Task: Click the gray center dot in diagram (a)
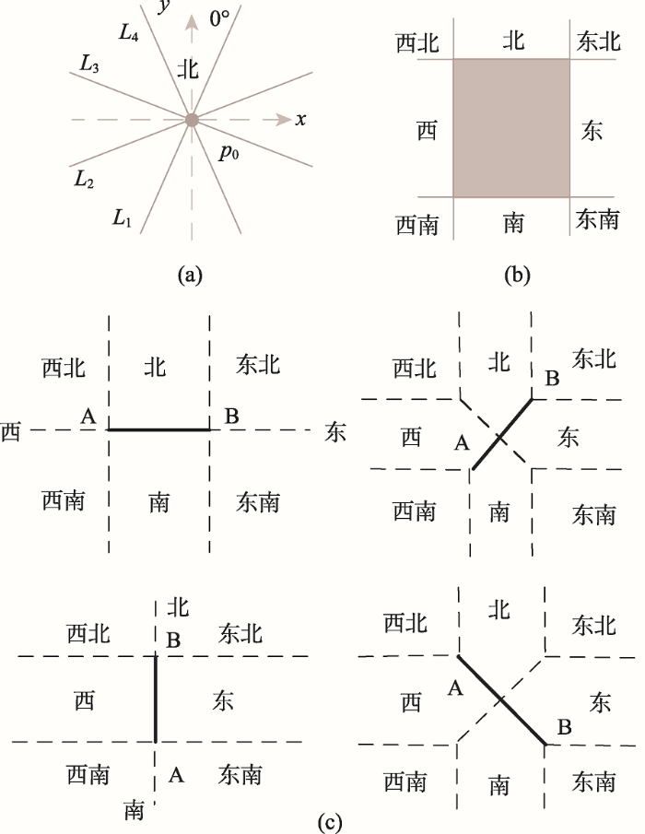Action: (x=192, y=120)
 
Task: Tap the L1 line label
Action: (x=123, y=217)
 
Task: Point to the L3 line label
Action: (x=89, y=64)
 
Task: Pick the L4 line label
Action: (x=129, y=32)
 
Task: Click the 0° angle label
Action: (x=219, y=19)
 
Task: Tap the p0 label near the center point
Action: (x=229, y=153)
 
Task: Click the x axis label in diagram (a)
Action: (x=301, y=119)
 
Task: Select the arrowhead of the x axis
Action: (x=285, y=119)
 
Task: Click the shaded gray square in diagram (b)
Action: (x=511, y=128)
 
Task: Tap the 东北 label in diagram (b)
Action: (x=598, y=41)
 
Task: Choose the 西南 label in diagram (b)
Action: (x=417, y=225)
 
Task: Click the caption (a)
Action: (x=191, y=275)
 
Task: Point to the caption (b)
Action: (x=518, y=275)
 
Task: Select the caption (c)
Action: (x=330, y=823)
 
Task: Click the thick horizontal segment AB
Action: (x=159, y=429)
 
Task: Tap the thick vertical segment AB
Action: (x=156, y=699)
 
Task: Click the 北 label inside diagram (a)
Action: (x=188, y=69)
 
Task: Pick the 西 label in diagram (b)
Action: (x=427, y=130)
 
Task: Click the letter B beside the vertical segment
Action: (x=173, y=640)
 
